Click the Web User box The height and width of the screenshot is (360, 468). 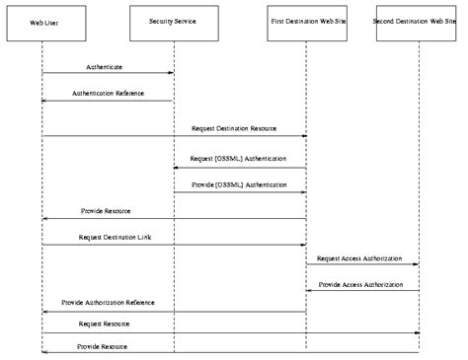pyautogui.click(x=41, y=22)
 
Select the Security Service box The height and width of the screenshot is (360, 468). pyautogui.click(x=174, y=22)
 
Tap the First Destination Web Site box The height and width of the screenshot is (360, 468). pyautogui.click(x=306, y=22)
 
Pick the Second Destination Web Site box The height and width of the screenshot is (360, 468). pyautogui.click(x=419, y=22)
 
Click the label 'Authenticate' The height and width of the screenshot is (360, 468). pyautogui.click(x=105, y=66)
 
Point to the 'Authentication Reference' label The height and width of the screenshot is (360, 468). pyautogui.click(x=108, y=94)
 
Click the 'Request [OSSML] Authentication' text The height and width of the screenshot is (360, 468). pyautogui.click(x=239, y=158)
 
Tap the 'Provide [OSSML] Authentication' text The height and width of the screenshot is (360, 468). pyautogui.click(x=239, y=184)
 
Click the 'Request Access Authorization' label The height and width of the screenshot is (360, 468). pyautogui.click(x=359, y=257)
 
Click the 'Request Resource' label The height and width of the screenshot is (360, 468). pyautogui.click(x=105, y=323)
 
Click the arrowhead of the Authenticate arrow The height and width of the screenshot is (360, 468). pyautogui.click(x=171, y=73)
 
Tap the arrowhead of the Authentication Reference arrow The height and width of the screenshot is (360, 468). pyautogui.click(x=44, y=101)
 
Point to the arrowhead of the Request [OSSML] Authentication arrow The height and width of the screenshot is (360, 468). pyautogui.click(x=177, y=168)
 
